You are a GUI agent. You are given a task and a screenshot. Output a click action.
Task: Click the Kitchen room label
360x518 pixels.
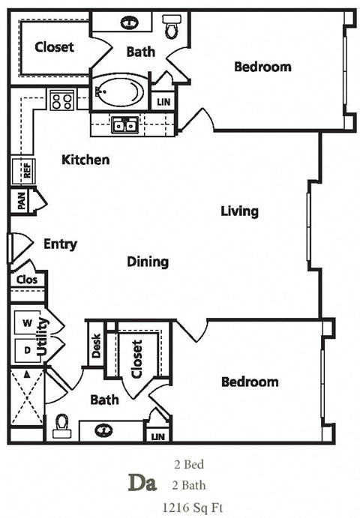85,160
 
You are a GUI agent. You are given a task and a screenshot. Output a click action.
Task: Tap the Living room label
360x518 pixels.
239,211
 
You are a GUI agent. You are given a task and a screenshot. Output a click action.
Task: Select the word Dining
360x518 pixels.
147,262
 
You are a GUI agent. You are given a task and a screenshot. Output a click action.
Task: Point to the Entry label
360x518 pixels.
60,244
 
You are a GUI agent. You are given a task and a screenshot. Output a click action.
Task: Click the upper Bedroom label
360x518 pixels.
262,67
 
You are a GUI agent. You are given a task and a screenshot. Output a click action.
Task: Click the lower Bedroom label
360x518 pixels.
250,382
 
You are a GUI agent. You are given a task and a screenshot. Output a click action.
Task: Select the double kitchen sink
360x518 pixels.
124,125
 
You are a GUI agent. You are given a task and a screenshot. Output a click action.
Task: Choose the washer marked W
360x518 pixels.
27,323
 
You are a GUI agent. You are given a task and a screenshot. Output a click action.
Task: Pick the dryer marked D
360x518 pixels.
27,349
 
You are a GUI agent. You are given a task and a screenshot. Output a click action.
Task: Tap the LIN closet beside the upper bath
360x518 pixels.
163,100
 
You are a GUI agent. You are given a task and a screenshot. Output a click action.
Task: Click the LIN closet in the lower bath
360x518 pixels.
157,436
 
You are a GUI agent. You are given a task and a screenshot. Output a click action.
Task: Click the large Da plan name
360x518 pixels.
138,484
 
